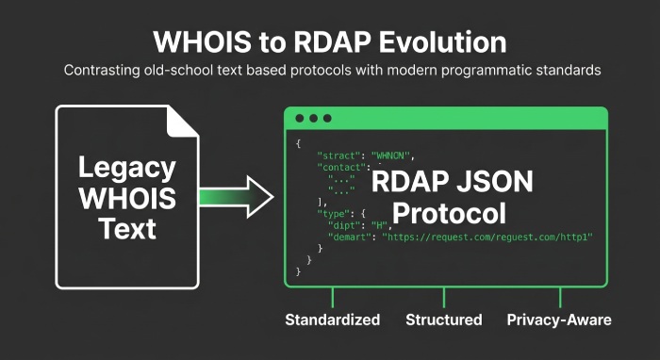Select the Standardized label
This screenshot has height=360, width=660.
pos(333,320)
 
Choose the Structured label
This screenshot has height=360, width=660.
pos(443,320)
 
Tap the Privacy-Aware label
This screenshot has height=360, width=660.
pos(559,320)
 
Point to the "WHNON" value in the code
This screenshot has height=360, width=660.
pos(393,155)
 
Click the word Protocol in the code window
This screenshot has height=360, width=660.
pos(449,213)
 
